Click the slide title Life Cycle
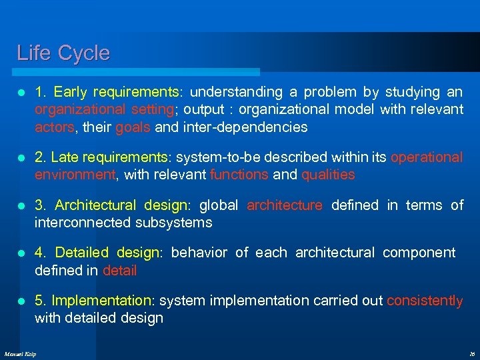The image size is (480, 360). (x=63, y=53)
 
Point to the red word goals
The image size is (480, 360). (x=133, y=127)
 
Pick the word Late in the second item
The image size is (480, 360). (x=65, y=157)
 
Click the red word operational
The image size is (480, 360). (x=426, y=157)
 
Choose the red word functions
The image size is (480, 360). (x=239, y=175)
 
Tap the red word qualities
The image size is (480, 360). (x=328, y=175)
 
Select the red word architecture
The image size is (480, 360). (x=285, y=205)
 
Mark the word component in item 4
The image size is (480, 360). (x=419, y=253)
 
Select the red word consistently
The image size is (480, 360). (x=425, y=301)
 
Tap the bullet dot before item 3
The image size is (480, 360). (x=22, y=206)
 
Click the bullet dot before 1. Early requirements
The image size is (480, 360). (x=22, y=93)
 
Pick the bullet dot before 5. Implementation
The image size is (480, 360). (x=22, y=301)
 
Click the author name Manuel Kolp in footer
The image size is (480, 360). (x=20, y=353)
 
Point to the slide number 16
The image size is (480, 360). (x=471, y=353)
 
